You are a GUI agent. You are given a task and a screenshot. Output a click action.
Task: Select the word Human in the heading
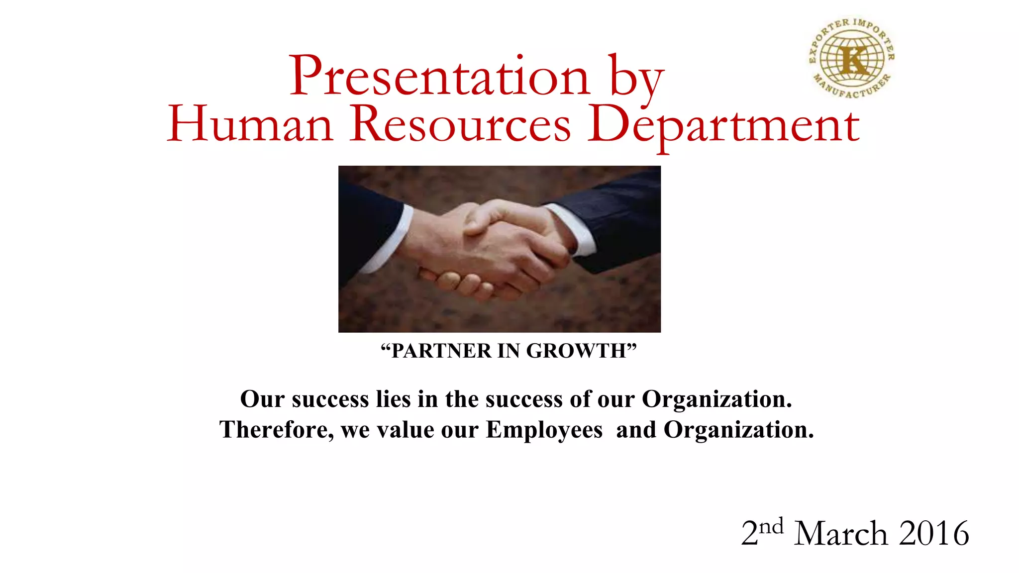pos(250,124)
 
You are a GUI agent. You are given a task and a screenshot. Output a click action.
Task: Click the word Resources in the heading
pos(460,124)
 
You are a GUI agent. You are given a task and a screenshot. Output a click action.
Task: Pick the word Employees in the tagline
pos(544,430)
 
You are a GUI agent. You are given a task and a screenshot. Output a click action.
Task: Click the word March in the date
pos(840,534)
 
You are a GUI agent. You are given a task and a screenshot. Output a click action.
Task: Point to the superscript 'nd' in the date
pos(771,526)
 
